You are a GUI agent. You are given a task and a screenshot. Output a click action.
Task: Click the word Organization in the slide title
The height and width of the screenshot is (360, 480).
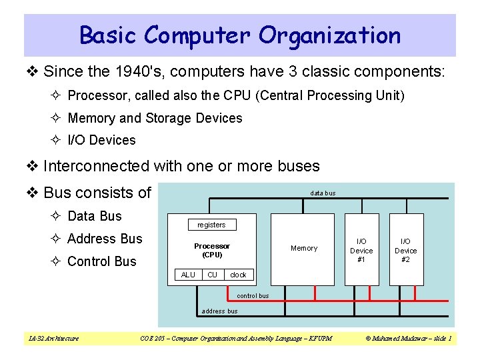point(330,35)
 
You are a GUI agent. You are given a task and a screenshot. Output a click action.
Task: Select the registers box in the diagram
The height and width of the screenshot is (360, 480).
point(211,225)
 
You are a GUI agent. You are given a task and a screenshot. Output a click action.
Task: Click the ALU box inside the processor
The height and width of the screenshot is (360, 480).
point(188,275)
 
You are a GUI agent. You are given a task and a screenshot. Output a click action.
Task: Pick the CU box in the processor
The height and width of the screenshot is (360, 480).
point(212,275)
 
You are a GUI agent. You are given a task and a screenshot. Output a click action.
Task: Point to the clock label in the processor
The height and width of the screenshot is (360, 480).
point(238,275)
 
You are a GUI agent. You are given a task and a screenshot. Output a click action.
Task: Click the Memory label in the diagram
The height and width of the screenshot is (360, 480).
point(304,248)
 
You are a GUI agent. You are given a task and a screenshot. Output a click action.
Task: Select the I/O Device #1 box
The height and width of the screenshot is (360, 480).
point(361,250)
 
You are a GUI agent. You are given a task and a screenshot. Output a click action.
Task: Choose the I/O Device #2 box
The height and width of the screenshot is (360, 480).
point(406,250)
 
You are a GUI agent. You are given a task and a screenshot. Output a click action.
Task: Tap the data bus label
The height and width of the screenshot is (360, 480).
point(323,193)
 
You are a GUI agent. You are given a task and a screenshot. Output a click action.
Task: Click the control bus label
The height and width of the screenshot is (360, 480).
point(253,296)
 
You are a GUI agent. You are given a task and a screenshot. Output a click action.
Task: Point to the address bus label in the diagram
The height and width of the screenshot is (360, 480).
point(219,311)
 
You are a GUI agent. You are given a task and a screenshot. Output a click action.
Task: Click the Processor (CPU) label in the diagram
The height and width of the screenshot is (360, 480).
point(212,250)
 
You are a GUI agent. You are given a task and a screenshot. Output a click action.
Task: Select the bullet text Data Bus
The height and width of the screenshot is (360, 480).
point(95,216)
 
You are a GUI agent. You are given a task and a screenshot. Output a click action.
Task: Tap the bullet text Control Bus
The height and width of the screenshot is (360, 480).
point(101,261)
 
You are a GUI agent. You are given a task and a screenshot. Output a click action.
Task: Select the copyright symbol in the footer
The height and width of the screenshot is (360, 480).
point(369,339)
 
